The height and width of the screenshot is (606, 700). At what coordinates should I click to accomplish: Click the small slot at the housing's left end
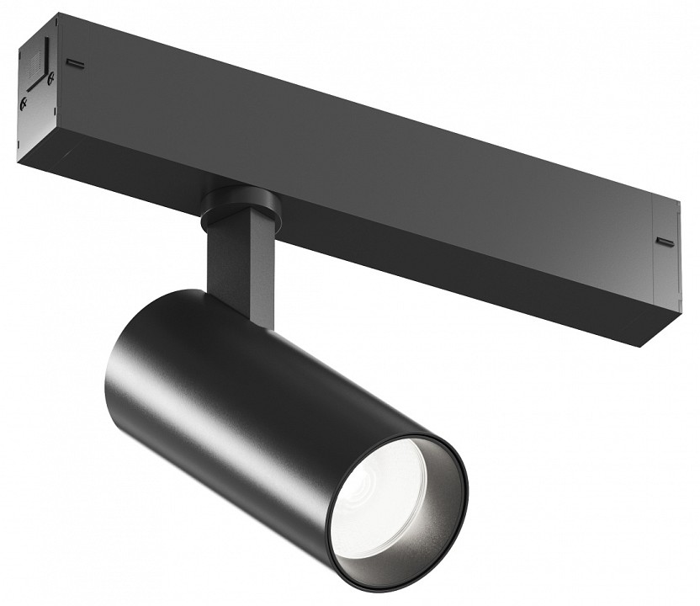[76, 62]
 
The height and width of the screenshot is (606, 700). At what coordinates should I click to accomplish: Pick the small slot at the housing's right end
[665, 242]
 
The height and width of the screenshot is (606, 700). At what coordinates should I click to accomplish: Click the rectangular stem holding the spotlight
[244, 261]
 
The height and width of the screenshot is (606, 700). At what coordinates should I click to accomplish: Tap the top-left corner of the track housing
[59, 14]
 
